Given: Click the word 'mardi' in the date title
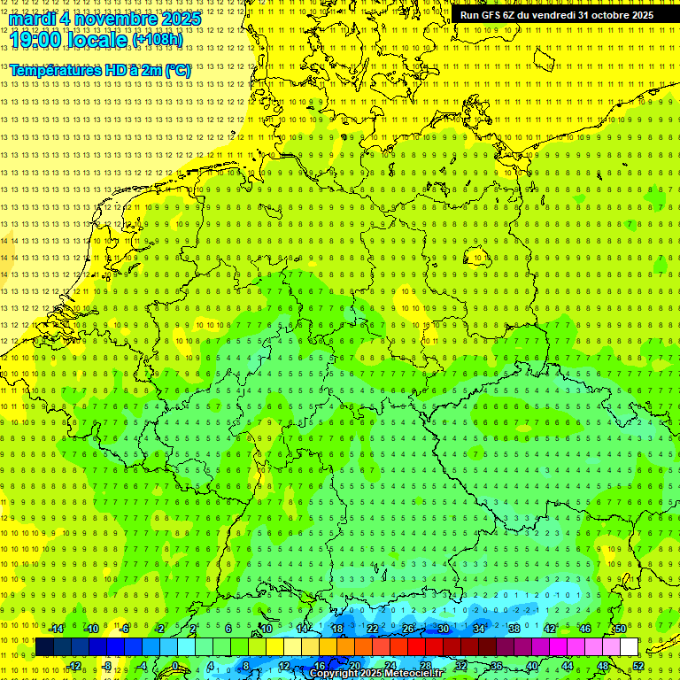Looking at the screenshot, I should pos(32,19).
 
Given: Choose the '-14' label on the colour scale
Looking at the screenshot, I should pos(56,629).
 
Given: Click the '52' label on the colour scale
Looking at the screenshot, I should pos(638,666).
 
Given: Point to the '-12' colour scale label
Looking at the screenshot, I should pos(73,666).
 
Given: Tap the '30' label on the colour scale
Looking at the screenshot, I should pos(443,629).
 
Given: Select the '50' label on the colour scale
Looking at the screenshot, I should pos(621,629).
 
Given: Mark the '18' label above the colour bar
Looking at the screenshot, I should pos(336,629).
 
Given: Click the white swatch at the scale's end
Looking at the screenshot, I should pos(630,647).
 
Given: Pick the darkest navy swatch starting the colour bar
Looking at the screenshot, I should pos(44,647).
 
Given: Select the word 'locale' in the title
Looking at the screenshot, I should pos(97,40).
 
